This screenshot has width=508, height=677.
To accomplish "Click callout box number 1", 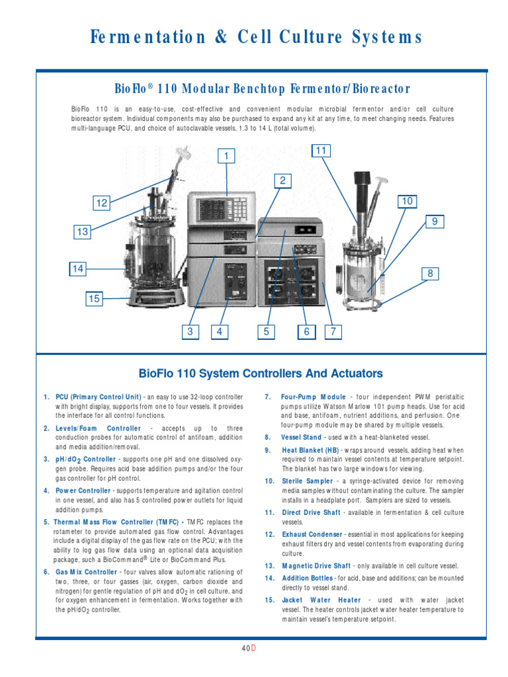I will click(x=227, y=156).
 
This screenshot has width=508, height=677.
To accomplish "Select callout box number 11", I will click(x=321, y=151).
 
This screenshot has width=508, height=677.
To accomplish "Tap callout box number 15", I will click(x=95, y=299).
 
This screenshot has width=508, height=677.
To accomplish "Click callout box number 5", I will click(x=266, y=332).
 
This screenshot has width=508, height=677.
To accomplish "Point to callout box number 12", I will click(x=101, y=204).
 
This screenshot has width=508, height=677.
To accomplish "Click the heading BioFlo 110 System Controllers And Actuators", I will click(x=260, y=373).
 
